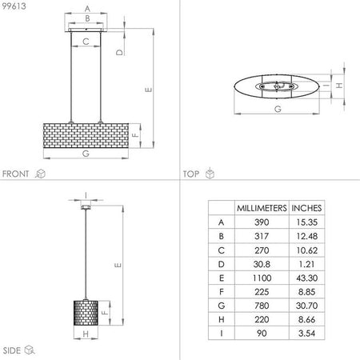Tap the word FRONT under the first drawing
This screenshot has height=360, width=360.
point(16,173)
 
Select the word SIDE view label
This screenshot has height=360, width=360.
point(11,350)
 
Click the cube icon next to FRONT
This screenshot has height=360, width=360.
point(40,173)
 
